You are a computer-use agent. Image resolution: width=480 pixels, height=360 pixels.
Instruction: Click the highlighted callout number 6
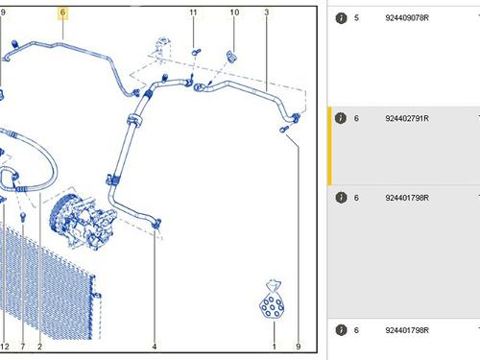tap(62, 12)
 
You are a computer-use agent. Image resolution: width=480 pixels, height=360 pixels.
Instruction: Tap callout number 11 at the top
tap(193, 12)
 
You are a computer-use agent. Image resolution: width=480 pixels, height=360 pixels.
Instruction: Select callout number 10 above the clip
tap(234, 12)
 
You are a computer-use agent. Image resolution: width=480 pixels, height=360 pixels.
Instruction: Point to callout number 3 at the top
tap(267, 12)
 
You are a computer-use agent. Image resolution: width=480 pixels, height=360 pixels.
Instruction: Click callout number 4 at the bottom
tap(155, 347)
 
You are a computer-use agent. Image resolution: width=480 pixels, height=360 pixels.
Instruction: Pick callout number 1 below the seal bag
tap(274, 347)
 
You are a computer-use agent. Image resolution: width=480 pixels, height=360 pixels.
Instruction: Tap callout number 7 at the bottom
tap(23, 347)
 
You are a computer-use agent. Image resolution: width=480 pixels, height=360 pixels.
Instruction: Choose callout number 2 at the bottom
tap(39, 347)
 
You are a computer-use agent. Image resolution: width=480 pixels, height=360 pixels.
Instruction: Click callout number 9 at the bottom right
tap(299, 347)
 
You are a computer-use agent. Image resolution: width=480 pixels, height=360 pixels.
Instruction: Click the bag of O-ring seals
tap(272, 300)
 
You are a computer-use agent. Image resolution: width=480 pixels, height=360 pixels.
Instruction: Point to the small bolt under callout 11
tap(196, 52)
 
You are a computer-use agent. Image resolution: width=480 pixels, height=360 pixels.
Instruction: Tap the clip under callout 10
tap(231, 57)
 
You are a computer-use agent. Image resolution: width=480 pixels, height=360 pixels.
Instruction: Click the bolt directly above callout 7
tap(23, 218)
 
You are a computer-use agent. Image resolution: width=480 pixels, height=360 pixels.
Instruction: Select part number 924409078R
tap(407, 18)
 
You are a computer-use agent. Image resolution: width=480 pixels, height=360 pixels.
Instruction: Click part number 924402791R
tap(407, 118)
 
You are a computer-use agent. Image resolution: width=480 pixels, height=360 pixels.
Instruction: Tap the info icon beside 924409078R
tap(341, 18)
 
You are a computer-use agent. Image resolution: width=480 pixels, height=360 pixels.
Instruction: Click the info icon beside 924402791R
tap(341, 118)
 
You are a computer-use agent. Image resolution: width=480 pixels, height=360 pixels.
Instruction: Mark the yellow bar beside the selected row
tap(329, 146)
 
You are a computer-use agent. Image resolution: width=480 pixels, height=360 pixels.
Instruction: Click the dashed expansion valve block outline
tap(163, 48)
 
